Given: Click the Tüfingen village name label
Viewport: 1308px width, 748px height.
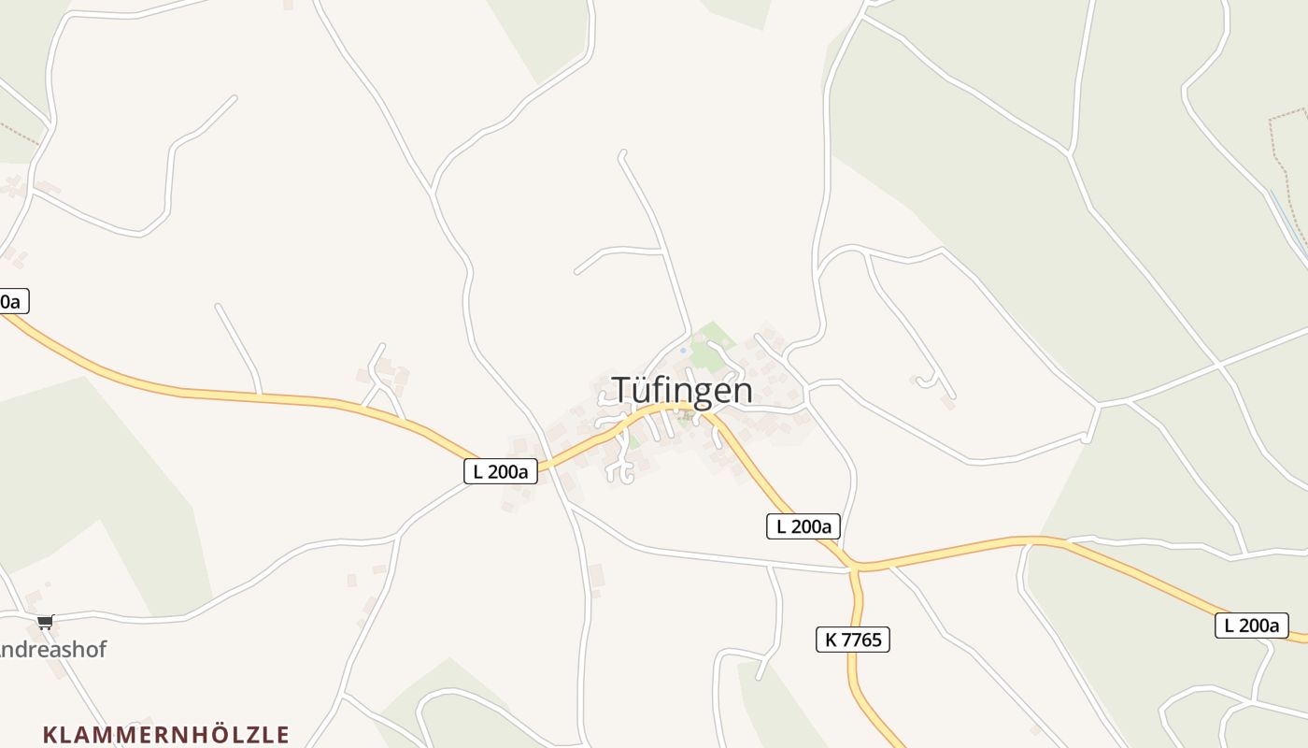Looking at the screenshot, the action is pyautogui.click(x=682, y=390).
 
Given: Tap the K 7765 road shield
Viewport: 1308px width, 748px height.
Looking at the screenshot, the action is pyautogui.click(x=852, y=640).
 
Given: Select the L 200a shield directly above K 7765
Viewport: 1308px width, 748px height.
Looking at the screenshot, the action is pyautogui.click(x=803, y=526).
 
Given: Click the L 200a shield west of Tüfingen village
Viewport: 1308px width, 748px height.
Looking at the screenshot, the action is pyautogui.click(x=501, y=471).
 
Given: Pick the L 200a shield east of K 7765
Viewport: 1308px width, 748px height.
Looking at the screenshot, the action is pyautogui.click(x=1251, y=626).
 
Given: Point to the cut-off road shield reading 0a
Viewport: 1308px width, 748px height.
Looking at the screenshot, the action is pyautogui.click(x=12, y=301).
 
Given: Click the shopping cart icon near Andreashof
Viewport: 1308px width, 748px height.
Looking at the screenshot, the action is pyautogui.click(x=45, y=622).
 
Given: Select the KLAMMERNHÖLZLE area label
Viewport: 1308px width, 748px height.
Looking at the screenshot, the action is pyautogui.click(x=166, y=734).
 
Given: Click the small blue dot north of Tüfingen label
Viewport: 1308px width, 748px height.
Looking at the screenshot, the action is pyautogui.click(x=683, y=350).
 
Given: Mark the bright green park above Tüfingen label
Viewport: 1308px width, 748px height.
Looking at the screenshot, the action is pyautogui.click(x=712, y=343).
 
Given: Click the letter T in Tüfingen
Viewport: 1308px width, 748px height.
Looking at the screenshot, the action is pyautogui.click(x=621, y=390).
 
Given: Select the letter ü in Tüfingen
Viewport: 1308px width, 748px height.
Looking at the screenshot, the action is pyautogui.click(x=643, y=391).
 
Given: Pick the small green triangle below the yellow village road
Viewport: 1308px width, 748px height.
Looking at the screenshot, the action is pyautogui.click(x=634, y=439).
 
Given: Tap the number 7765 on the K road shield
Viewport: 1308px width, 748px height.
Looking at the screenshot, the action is pyautogui.click(x=861, y=640).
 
